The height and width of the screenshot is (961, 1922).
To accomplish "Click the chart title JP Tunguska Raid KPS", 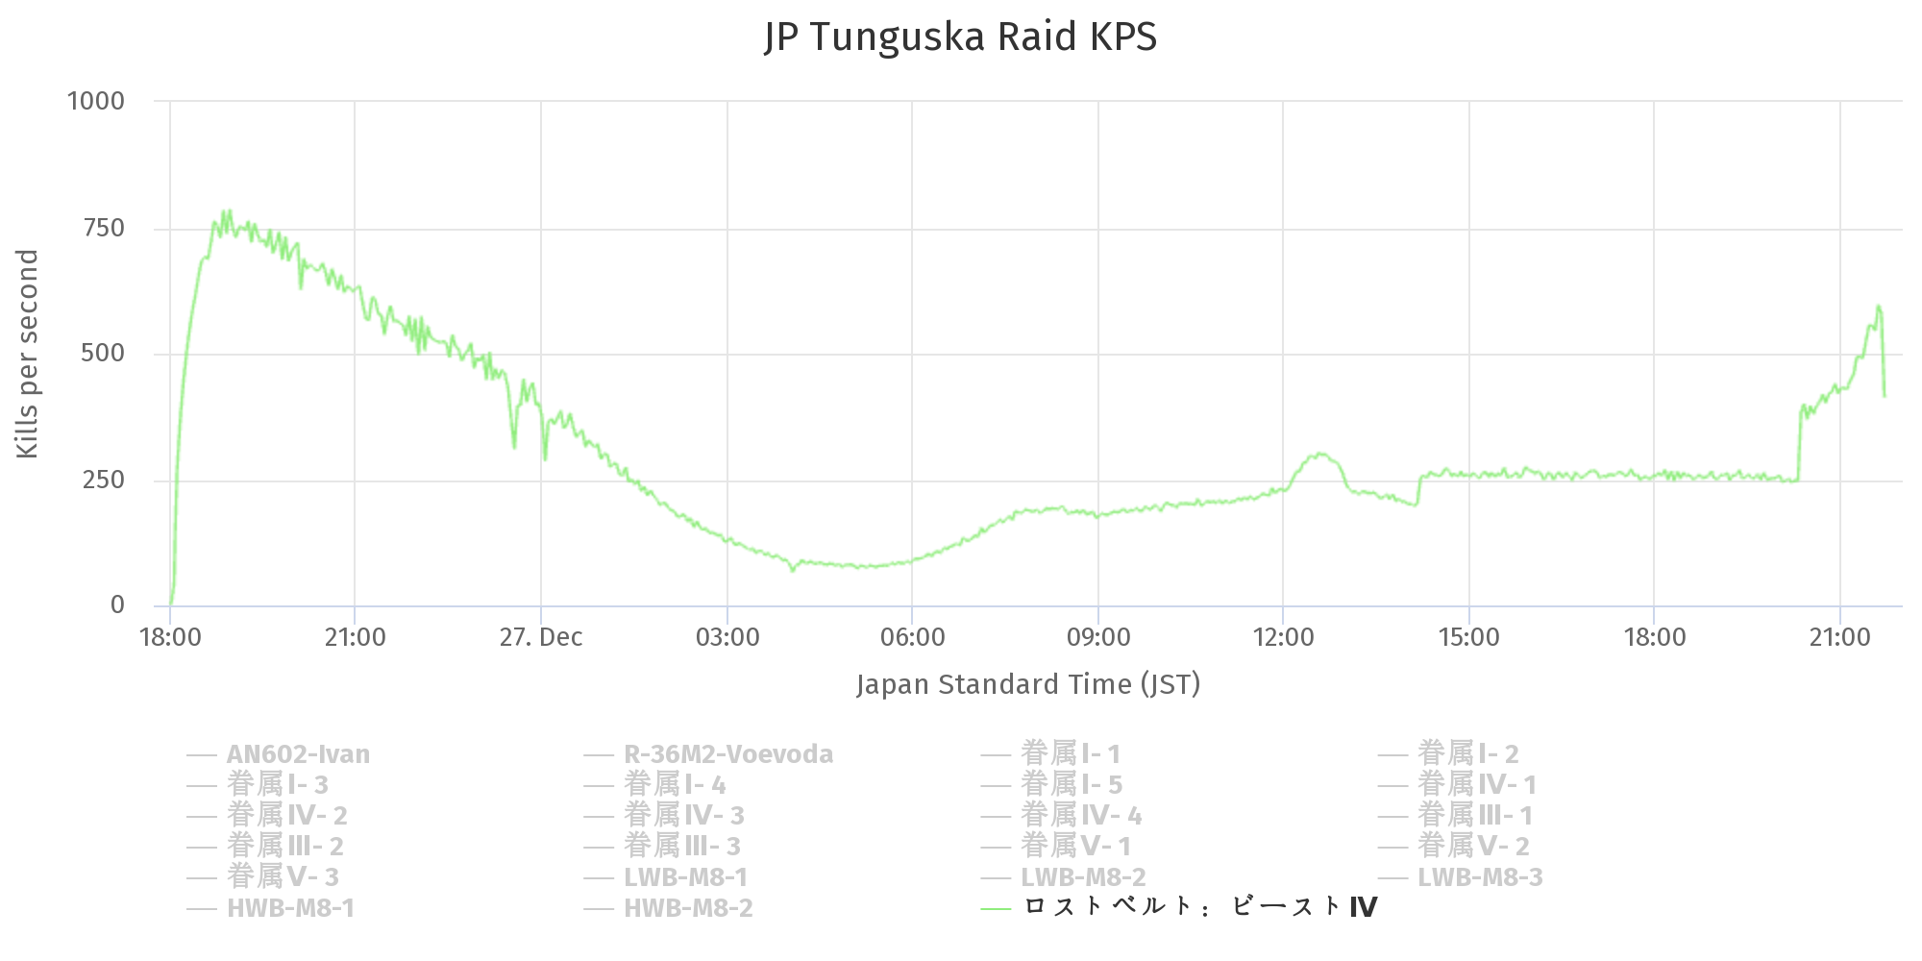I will pos(960,37).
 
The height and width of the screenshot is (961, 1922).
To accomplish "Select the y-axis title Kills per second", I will pos(27,354).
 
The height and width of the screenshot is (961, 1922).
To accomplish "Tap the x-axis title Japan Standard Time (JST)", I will pos(1028,684).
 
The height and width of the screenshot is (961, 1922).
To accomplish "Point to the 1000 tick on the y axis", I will pos(96,101).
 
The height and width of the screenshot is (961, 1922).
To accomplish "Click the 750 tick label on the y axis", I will pos(104,228).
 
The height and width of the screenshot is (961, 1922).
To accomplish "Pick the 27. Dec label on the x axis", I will pos(541,637).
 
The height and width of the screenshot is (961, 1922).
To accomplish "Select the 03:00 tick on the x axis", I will pos(727,637).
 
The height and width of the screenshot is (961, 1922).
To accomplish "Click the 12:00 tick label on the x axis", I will pos(1283,637).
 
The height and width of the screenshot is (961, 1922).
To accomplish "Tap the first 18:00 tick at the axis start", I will pos(170,637).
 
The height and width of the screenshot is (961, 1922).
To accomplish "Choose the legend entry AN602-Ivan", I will pos(298,754).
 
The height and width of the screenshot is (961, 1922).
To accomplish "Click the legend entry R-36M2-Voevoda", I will pos(727,754).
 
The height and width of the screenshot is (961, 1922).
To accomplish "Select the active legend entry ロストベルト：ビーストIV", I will pos(1199,907).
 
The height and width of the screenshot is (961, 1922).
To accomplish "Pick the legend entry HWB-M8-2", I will pos(688,908).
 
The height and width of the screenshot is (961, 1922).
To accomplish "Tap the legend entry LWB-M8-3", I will pos(1480,877).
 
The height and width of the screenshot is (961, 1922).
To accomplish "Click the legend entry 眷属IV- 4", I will pos(1081,816).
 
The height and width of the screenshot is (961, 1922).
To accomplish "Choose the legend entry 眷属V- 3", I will pos(283,877).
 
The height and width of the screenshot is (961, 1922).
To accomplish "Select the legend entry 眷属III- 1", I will pos(1475,816).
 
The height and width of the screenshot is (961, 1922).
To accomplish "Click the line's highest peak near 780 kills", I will pos(228,210).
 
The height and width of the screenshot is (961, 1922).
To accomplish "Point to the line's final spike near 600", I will pos(1878,307).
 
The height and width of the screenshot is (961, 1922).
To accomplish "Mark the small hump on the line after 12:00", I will pos(1322,455).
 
